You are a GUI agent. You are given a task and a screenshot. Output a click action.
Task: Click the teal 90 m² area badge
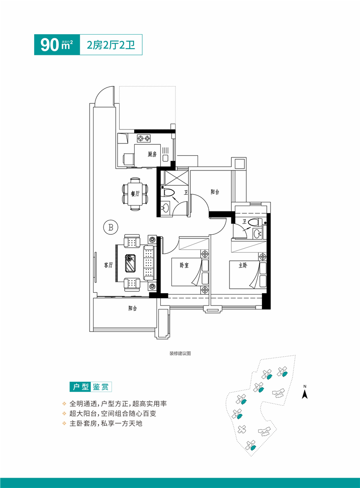click(57, 45)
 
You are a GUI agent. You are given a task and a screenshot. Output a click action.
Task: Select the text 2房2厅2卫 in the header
click(111, 45)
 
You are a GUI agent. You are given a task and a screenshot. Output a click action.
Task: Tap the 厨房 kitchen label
click(152, 154)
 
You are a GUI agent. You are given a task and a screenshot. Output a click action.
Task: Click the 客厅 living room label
click(108, 265)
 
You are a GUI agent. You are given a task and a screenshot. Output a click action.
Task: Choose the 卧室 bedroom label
click(184, 265)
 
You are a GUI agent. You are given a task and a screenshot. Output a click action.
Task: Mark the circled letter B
click(110, 227)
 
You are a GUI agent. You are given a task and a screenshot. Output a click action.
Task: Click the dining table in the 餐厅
click(135, 194)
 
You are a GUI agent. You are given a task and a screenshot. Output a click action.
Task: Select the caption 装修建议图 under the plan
click(180, 354)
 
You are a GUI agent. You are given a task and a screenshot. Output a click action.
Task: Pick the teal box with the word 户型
click(79, 386)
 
